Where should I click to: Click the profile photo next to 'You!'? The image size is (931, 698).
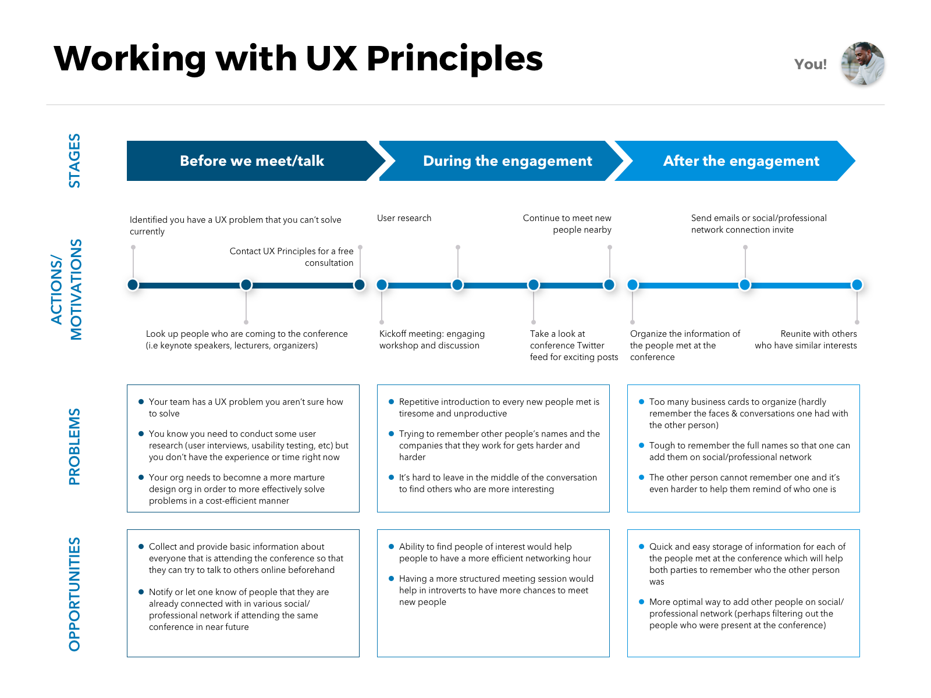click(x=862, y=65)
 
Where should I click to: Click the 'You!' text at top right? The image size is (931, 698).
click(x=810, y=64)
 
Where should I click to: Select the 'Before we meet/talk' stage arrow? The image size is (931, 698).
click(x=251, y=161)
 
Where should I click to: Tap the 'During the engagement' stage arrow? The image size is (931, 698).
click(x=507, y=161)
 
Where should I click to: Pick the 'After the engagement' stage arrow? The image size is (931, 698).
click(x=741, y=161)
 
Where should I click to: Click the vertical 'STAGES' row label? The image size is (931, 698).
click(x=74, y=161)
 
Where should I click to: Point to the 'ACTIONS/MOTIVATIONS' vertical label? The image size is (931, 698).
click(x=66, y=289)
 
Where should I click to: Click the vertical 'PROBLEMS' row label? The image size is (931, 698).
click(x=74, y=447)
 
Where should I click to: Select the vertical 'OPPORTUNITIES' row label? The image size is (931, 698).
click(x=74, y=594)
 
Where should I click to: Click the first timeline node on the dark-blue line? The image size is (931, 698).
click(x=133, y=284)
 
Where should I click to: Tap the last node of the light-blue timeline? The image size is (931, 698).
click(x=857, y=284)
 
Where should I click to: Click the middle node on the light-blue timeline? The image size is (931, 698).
click(x=745, y=284)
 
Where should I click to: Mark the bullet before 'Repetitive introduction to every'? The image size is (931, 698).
click(x=392, y=401)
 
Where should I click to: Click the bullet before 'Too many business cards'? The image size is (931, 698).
click(x=642, y=401)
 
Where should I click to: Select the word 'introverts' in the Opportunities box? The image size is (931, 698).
click(x=446, y=590)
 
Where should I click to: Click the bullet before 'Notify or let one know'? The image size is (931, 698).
click(x=141, y=592)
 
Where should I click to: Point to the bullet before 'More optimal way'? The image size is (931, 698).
click(x=642, y=601)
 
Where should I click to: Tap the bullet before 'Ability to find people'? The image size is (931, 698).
click(x=392, y=546)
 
